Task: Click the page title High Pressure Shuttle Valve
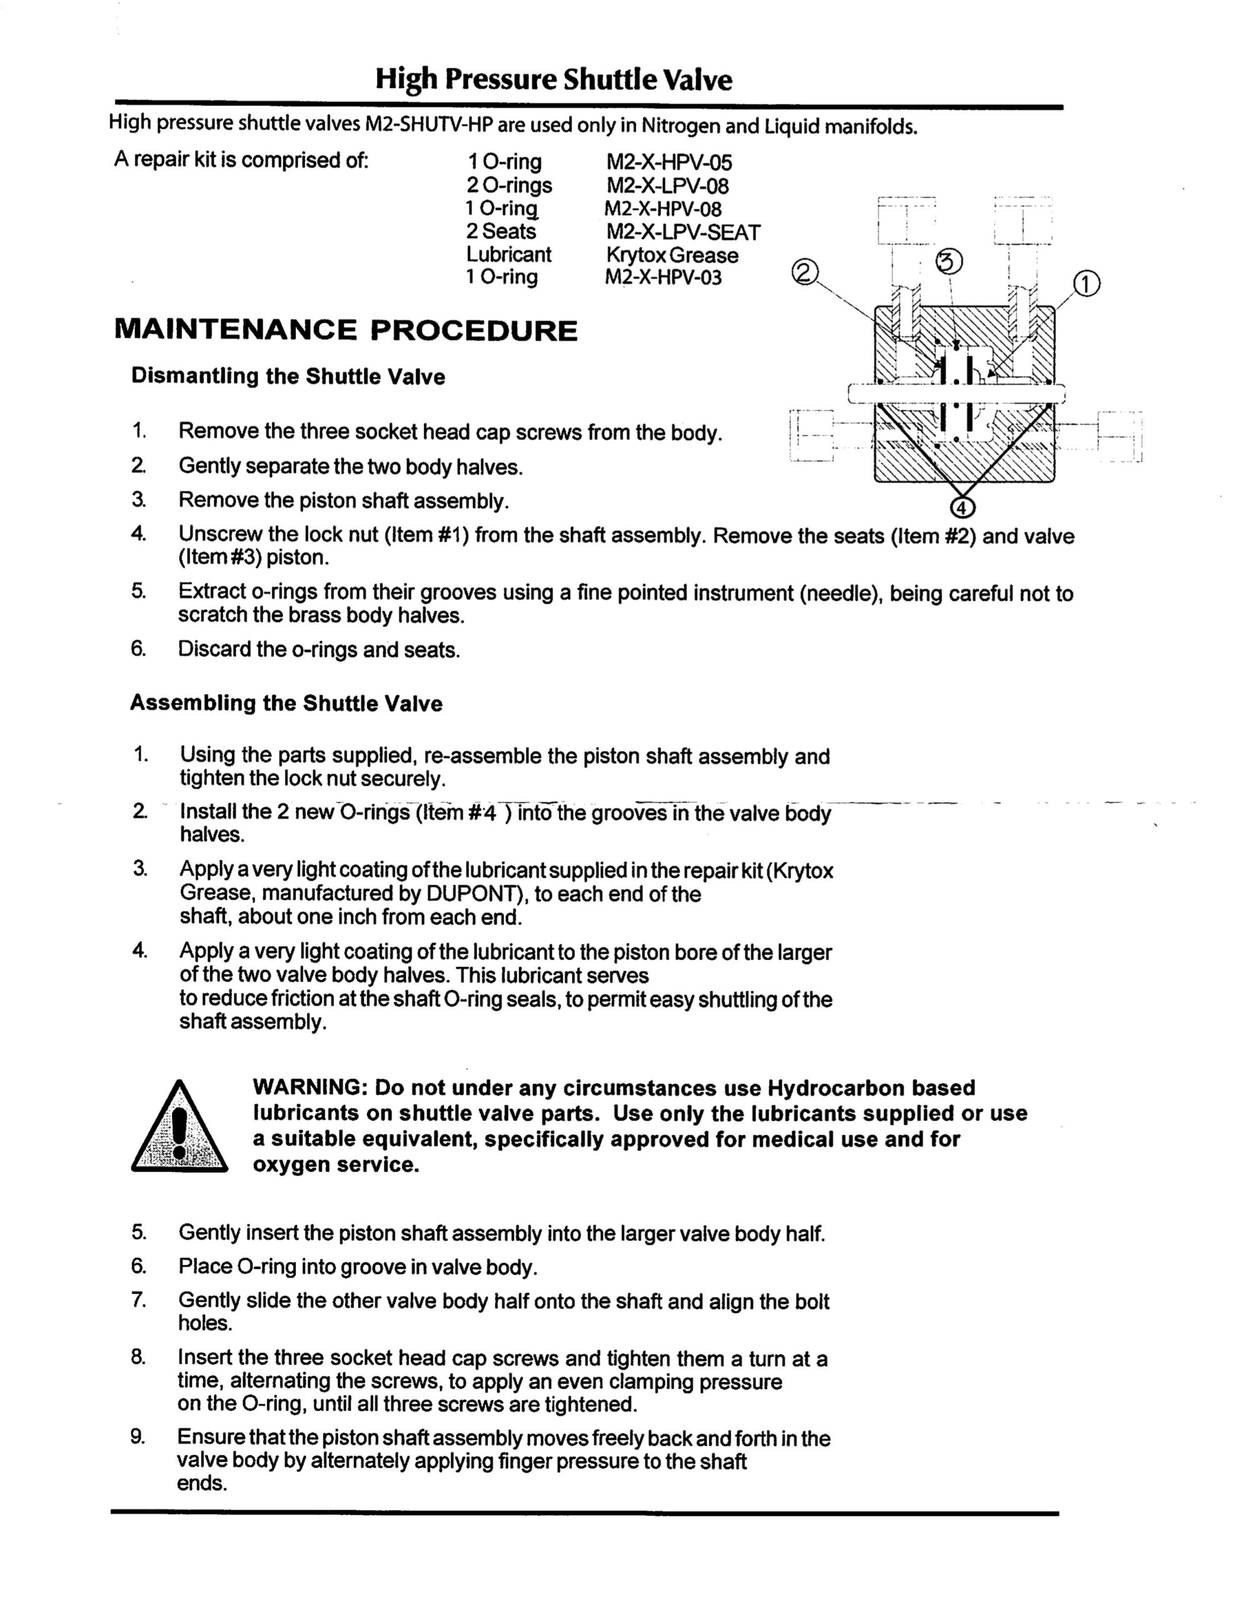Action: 553,79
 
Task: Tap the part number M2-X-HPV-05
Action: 668,162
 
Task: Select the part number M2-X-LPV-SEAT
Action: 683,233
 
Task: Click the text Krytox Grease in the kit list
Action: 672,255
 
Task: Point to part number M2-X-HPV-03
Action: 663,278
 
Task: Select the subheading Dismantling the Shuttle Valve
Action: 288,376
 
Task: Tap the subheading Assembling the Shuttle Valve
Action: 286,704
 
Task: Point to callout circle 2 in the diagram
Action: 805,273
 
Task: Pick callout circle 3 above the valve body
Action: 950,261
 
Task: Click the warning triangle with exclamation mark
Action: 179,1129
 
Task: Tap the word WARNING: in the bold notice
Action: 311,1088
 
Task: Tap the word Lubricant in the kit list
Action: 508,255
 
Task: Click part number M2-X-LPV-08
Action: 668,186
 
